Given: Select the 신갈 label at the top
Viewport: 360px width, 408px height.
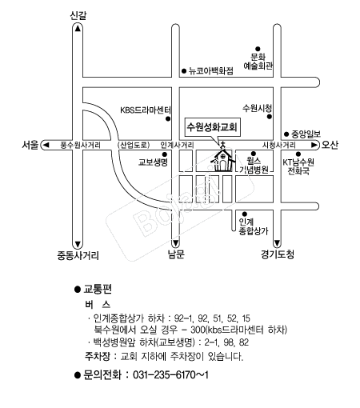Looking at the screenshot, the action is click(78, 15).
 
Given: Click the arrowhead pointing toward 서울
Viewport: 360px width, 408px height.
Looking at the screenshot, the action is click(46, 145).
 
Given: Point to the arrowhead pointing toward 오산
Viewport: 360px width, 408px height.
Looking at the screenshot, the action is click(314, 145).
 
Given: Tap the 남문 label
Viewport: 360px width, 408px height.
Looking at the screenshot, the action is click(176, 254).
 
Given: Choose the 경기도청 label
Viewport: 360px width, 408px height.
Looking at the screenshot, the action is click(278, 254).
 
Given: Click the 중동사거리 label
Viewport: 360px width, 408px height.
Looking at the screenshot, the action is click(78, 255).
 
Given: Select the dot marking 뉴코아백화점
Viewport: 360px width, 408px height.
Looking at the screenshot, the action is click(184, 71).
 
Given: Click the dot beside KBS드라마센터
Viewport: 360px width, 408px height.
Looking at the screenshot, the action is click(168, 119).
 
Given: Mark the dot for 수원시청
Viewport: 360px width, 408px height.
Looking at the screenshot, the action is click(270, 117).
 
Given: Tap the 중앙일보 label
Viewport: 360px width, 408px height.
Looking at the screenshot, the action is click(306, 134).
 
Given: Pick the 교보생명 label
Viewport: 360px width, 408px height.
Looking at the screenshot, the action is click(153, 162).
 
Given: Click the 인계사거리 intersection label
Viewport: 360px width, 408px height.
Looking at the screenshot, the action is click(177, 145).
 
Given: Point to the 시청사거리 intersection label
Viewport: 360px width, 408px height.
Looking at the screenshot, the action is click(278, 145).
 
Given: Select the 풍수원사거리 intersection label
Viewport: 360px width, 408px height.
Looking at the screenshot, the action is click(81, 145).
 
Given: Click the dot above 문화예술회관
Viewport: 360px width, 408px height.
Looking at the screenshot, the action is click(258, 49).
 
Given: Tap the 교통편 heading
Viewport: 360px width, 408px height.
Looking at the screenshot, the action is click(98, 289).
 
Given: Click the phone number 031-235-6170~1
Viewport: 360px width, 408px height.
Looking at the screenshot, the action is click(170, 375).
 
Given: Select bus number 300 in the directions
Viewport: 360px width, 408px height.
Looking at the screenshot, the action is click(198, 330).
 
